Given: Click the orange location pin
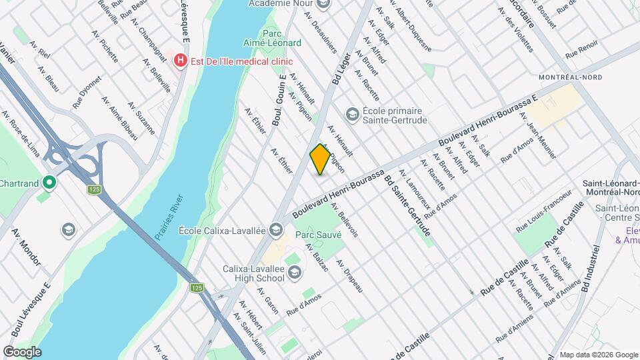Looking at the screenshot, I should coord(320,159).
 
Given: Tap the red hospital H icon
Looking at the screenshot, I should coord(180,61).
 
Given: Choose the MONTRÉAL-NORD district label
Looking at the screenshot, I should coord(570,77).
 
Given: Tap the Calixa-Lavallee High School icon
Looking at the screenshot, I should coord(295,271).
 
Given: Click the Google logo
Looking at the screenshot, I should coord(23,351).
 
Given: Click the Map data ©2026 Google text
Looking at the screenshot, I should coord(597,355).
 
